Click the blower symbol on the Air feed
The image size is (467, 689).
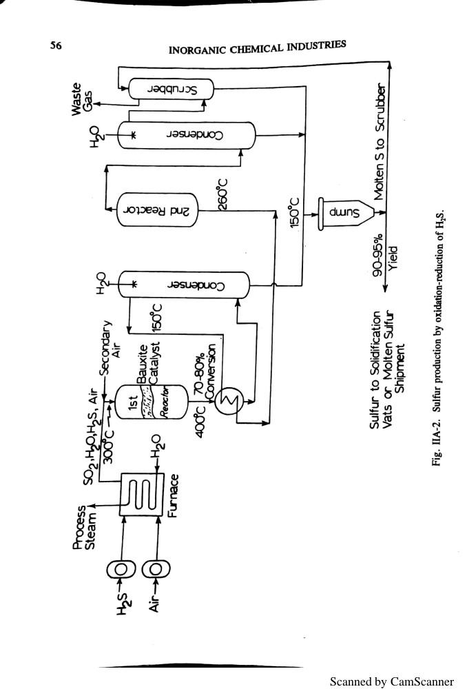(156, 569)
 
